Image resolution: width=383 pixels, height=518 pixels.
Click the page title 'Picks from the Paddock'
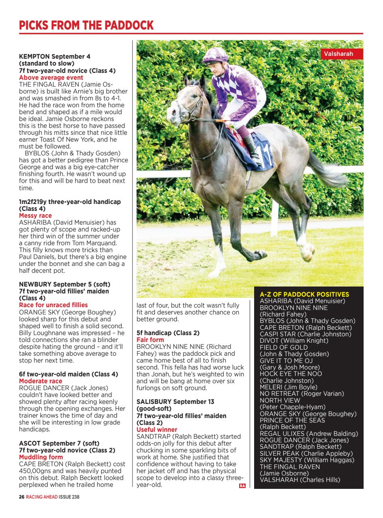86,25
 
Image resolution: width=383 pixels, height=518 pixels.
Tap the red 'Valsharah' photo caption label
338,54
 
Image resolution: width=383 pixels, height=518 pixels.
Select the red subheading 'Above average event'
51,77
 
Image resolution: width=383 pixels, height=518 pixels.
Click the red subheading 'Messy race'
36,216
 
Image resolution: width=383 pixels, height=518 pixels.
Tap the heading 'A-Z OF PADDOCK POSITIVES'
304,294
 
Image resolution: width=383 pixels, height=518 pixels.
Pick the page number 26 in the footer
22,497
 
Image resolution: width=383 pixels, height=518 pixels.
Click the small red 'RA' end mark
242,486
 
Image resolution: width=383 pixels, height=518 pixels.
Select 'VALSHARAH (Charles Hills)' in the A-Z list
300,480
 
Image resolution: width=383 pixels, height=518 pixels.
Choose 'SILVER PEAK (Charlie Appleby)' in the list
306,453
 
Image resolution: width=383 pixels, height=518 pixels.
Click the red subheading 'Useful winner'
157,429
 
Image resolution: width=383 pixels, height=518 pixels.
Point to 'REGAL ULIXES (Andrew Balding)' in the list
309,433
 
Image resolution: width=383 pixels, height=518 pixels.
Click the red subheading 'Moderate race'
41,381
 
